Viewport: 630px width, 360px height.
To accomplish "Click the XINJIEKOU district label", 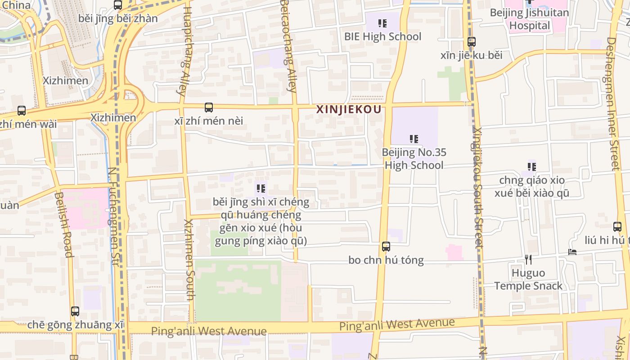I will click(349, 109).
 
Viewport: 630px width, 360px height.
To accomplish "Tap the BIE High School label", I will click(382, 36).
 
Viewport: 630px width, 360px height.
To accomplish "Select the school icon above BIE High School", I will click(382, 23).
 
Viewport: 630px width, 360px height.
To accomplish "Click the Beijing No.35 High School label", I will click(414, 159).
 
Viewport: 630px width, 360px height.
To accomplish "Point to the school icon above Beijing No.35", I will click(414, 139).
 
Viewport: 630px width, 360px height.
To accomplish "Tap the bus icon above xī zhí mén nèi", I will click(209, 108).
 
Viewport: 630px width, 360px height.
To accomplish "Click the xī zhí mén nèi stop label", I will click(209, 121).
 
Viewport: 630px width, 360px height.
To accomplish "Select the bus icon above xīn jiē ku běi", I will click(472, 42).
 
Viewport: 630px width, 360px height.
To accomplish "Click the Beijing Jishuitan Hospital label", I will click(530, 19).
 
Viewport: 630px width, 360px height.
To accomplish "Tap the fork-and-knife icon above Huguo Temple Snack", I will click(528, 259).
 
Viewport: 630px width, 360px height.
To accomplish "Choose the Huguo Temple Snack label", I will click(528, 279).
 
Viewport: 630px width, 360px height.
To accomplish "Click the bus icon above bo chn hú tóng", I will click(386, 247).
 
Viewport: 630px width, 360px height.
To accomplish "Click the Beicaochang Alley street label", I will click(288, 45).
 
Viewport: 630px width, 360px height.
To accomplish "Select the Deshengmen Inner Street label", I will click(613, 103).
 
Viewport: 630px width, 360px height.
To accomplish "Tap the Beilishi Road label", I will click(63, 225).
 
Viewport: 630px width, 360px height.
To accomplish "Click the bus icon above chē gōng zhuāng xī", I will click(75, 311).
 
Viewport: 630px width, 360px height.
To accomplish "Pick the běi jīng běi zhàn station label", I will click(118, 18).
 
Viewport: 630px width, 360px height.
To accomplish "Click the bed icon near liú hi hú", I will click(572, 252).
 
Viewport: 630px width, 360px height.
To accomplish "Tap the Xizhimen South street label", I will click(189, 260).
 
